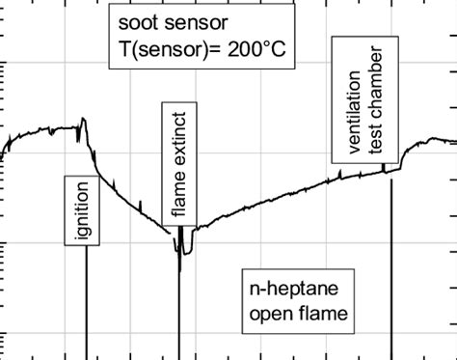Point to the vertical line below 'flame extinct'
[179, 309]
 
